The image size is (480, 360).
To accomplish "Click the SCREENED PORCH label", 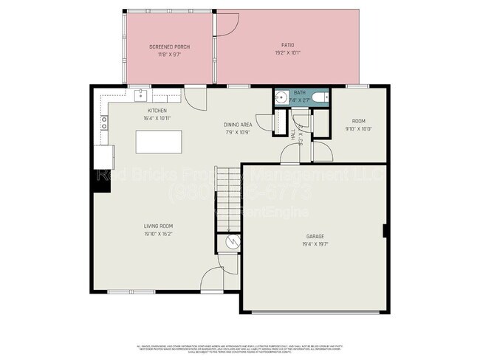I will point(169,46).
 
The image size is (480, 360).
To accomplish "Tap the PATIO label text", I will point(288,45).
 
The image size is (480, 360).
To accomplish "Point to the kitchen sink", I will point(140,95).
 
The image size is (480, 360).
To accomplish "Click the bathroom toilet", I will point(318,97).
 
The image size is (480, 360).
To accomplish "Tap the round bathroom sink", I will point(281,97).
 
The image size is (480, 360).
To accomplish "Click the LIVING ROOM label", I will point(158,226).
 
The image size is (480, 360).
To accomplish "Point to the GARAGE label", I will point(315,236).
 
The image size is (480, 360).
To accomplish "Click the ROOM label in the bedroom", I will point(358,121).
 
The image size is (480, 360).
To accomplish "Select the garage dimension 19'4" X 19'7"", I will point(315,243).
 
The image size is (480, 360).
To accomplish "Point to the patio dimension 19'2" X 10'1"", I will point(288,52).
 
